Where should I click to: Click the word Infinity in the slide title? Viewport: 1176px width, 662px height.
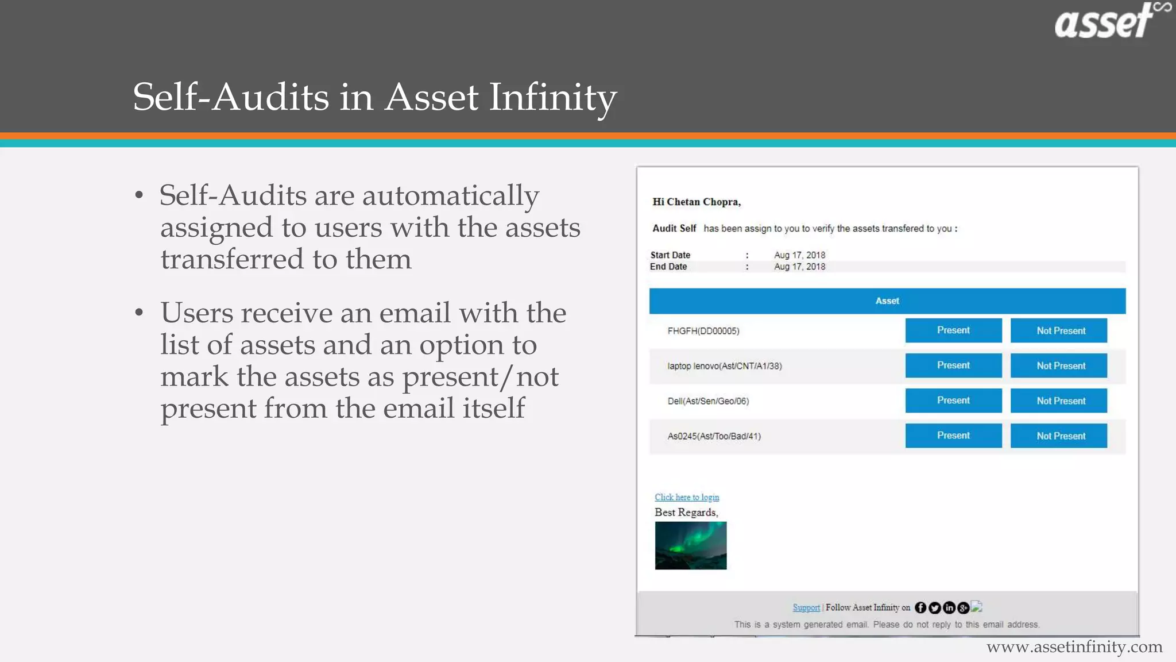click(552, 97)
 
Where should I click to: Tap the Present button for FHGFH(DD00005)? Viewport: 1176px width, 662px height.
click(953, 330)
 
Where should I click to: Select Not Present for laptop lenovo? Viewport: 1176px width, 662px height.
click(1059, 365)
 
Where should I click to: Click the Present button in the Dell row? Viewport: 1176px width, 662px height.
click(953, 401)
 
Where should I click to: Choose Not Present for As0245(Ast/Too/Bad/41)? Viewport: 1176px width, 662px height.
click(1059, 436)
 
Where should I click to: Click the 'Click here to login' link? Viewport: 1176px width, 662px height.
click(687, 497)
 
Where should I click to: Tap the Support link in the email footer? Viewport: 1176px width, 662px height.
click(806, 607)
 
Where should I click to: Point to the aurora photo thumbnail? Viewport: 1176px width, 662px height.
click(691, 545)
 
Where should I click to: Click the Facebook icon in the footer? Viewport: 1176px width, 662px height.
click(920, 607)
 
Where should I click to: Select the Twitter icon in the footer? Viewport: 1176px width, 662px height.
click(935, 607)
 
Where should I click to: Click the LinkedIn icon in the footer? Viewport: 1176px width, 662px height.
click(949, 607)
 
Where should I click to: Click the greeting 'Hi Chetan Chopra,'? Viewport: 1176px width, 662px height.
click(697, 202)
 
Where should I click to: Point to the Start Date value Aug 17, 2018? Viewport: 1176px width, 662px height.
click(799, 255)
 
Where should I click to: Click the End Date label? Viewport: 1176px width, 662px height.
click(668, 267)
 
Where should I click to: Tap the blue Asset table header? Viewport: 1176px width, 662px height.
click(887, 301)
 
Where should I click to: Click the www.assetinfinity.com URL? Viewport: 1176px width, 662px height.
click(1074, 647)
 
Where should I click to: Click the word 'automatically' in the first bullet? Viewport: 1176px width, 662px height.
click(450, 196)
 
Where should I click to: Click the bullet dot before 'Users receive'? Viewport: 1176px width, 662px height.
click(139, 313)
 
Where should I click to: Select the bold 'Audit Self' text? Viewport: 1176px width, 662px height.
click(674, 228)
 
